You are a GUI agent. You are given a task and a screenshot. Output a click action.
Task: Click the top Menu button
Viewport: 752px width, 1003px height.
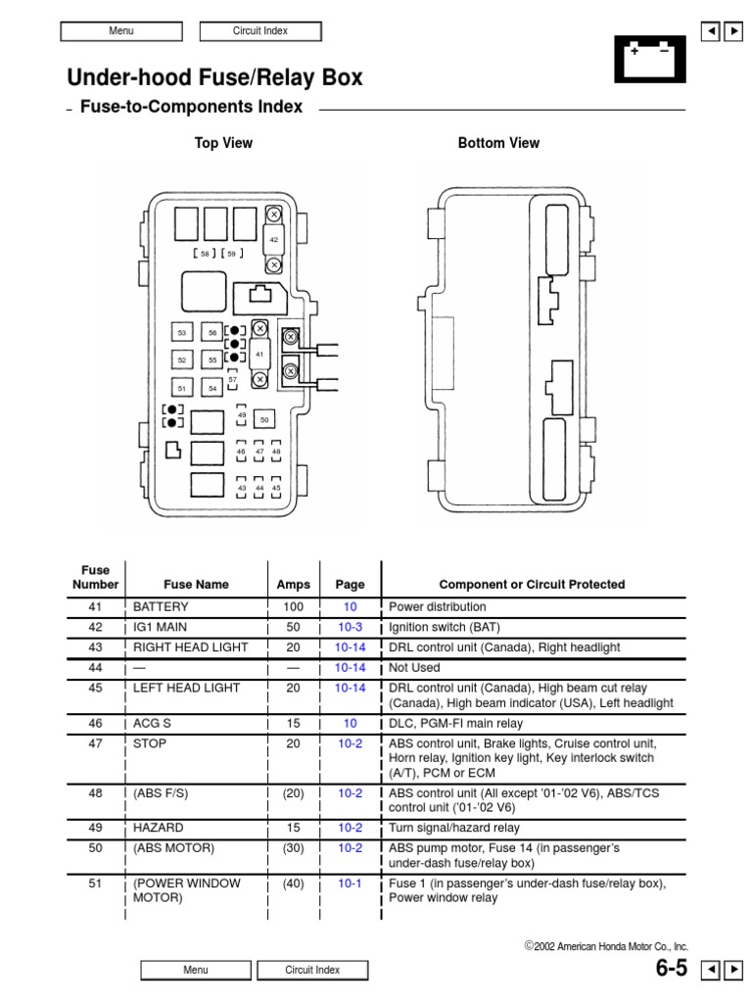pos(121,31)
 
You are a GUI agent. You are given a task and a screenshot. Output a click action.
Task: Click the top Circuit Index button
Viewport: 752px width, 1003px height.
pos(260,31)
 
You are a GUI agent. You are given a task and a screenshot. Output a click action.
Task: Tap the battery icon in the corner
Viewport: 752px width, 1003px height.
pos(649,59)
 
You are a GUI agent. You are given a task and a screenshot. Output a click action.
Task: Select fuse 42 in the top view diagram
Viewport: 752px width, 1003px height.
pos(274,239)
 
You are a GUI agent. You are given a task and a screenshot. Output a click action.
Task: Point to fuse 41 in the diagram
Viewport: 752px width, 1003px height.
pos(259,354)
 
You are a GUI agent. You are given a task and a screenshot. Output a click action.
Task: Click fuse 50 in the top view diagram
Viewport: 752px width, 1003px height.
pos(263,419)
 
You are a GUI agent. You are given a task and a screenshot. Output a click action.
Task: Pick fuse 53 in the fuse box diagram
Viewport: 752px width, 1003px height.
pos(182,333)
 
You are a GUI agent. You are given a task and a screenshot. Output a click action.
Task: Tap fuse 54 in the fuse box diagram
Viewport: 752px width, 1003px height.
pos(212,388)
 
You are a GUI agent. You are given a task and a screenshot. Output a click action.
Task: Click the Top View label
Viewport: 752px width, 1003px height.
pos(223,143)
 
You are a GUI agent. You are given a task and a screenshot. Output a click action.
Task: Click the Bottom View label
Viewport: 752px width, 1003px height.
pos(498,143)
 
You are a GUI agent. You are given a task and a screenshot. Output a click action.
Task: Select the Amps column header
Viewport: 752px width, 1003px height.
pos(293,585)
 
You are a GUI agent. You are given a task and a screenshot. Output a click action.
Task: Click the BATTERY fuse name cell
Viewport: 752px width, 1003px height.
pos(161,607)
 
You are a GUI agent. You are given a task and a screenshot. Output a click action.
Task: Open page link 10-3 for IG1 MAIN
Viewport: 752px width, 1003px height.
pos(350,628)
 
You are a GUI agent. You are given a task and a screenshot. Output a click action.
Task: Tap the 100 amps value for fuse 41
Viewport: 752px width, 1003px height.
pos(293,607)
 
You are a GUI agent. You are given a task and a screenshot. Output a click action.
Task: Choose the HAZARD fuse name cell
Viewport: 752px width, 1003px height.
pos(159,828)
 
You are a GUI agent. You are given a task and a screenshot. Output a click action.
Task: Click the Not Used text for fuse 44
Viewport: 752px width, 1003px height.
pos(414,668)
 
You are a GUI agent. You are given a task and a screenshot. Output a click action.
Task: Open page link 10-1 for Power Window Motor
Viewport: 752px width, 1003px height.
pos(350,884)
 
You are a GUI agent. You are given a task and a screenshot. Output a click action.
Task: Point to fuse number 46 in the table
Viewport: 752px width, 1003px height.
pos(95,723)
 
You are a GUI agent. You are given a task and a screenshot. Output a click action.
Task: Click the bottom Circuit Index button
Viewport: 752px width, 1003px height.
pos(312,970)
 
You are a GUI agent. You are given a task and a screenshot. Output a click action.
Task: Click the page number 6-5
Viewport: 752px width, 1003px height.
pos(671,969)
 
